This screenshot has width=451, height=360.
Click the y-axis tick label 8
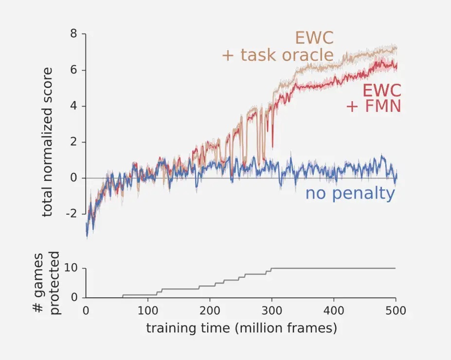tap(73, 34)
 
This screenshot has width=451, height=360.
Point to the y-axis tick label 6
tap(73, 70)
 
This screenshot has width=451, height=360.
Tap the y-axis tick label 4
tap(73, 106)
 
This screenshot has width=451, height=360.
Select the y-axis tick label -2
tap(71, 214)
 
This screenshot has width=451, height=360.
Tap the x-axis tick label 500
tap(396, 310)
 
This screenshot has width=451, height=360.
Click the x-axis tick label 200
tap(210, 310)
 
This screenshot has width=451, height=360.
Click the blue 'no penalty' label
tap(350, 194)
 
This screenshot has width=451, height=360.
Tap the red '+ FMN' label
tap(373, 106)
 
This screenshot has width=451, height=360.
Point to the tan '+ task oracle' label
tap(278, 54)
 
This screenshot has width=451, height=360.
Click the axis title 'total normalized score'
tap(48, 142)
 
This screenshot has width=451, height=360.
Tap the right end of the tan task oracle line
tap(397, 49)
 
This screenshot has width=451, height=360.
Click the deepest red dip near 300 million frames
tap(272, 146)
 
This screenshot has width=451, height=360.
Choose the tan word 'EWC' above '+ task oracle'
tap(314, 37)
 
